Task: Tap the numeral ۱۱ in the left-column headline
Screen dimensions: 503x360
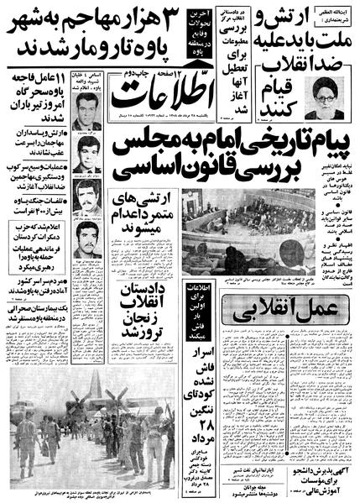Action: (x=55, y=81)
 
